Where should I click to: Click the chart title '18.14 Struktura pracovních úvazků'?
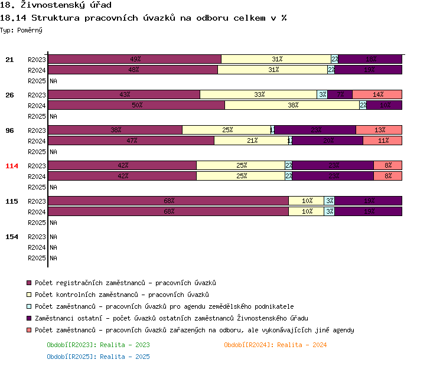point(144,18)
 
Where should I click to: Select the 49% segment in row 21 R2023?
point(135,59)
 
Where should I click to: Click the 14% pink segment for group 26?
point(377,94)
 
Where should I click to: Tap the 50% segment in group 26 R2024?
point(136,105)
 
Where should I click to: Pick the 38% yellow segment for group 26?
point(292,105)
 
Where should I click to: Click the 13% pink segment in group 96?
point(379,130)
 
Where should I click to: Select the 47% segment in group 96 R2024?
point(131,141)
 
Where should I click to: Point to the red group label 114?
point(12,166)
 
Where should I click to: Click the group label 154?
point(12,237)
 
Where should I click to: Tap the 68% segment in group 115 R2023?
point(168,201)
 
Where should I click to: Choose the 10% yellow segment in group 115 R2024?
point(307,211)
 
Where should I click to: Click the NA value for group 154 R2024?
point(53,247)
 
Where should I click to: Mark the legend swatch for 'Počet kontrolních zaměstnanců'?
point(30,295)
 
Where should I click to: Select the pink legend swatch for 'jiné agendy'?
point(30,330)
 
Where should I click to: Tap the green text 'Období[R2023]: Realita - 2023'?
point(98,345)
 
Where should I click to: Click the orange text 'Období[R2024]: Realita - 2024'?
point(275,345)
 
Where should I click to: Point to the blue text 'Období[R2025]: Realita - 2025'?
point(98,357)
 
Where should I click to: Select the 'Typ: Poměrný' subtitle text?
point(21,30)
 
